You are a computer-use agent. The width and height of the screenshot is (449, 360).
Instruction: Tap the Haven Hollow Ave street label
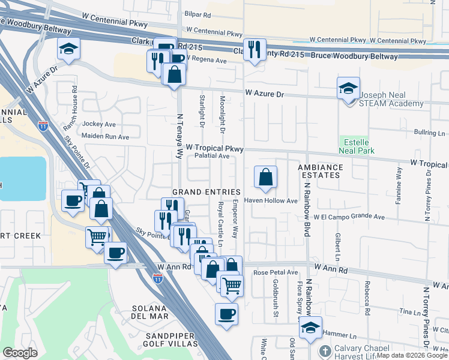click(x=275, y=201)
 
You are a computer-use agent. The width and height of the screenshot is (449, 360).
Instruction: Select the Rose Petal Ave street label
click(x=276, y=272)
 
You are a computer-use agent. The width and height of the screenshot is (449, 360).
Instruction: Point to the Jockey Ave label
click(x=98, y=124)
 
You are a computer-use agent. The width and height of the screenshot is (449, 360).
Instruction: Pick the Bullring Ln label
click(x=430, y=133)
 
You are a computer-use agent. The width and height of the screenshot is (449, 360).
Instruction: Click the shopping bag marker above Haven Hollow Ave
click(x=265, y=178)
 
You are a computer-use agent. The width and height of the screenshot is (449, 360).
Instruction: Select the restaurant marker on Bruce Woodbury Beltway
click(x=255, y=50)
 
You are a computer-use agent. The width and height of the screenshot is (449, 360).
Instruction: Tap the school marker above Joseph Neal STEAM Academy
click(x=348, y=89)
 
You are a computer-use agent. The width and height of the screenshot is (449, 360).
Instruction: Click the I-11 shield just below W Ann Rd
click(x=157, y=279)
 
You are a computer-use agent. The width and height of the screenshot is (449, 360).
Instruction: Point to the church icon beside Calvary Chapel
click(x=325, y=352)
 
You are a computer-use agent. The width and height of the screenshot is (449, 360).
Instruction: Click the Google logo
click(x=20, y=353)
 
